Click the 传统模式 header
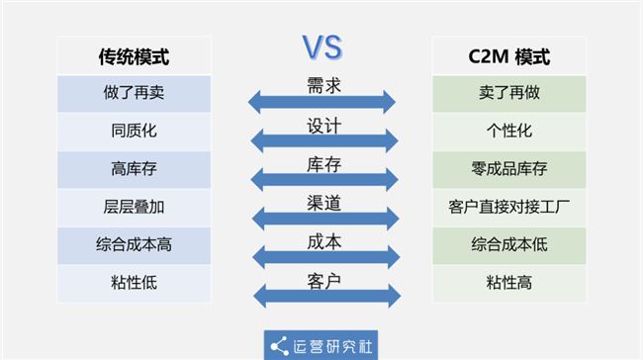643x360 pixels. [x=134, y=56]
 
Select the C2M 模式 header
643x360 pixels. [x=508, y=56]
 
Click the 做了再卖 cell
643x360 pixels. [x=134, y=94]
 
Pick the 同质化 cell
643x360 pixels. [x=134, y=132]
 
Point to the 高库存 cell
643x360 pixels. [x=134, y=169]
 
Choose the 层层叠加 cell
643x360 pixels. [x=134, y=207]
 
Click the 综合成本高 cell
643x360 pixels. [x=134, y=244]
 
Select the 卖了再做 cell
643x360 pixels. [x=508, y=94]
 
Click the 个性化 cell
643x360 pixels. [x=508, y=132]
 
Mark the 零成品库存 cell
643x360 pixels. [x=508, y=169]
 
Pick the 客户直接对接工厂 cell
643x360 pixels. [x=508, y=207]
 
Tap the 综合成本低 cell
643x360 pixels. [x=508, y=244]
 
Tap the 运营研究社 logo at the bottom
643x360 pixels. [x=321, y=344]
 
